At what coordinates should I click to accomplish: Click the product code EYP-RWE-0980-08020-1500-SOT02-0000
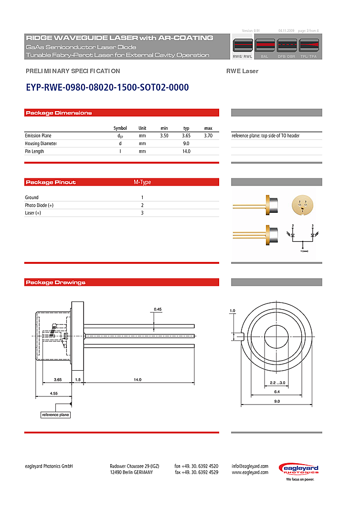[x=107, y=87]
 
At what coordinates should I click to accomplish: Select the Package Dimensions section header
[x=59, y=113]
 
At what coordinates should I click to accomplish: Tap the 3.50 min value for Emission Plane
[x=164, y=136]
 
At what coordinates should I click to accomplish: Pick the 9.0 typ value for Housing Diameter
[x=186, y=144]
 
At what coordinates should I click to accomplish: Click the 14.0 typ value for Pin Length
[x=186, y=151]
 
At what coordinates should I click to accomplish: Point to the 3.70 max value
[x=208, y=136]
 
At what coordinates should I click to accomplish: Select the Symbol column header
[x=120, y=128]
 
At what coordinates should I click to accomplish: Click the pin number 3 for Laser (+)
[x=142, y=213]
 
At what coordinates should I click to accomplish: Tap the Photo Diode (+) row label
[x=39, y=205]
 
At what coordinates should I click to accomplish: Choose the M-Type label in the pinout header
[x=142, y=182]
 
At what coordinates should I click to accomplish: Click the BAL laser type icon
[x=264, y=46]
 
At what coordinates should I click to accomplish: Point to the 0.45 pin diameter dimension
[x=158, y=309]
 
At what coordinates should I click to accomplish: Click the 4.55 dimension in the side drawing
[x=54, y=394]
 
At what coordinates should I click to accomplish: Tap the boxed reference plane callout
[x=55, y=415]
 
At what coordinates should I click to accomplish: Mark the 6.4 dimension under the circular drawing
[x=277, y=392]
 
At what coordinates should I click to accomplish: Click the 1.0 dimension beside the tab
[x=233, y=311]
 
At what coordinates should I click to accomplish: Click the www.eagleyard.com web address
[x=250, y=472]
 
